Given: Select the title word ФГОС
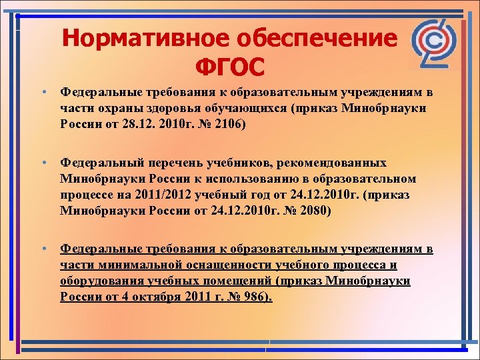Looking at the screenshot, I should (230, 67).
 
